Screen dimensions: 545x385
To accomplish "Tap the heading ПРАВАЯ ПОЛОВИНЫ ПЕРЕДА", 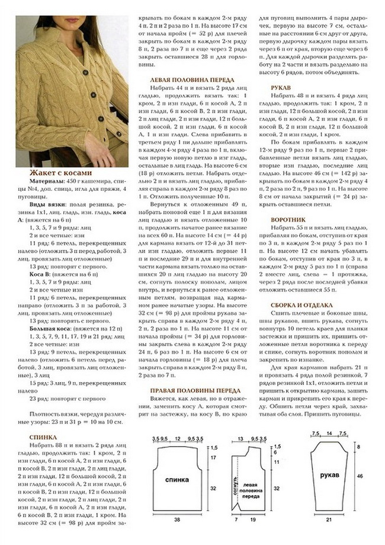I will (x=195, y=391).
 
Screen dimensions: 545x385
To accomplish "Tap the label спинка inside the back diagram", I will (x=177, y=480).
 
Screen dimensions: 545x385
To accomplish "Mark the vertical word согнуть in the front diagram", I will (x=235, y=486).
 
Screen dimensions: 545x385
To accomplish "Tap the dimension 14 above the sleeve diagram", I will (x=329, y=434).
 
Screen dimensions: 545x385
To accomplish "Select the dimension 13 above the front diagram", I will (x=240, y=438).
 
